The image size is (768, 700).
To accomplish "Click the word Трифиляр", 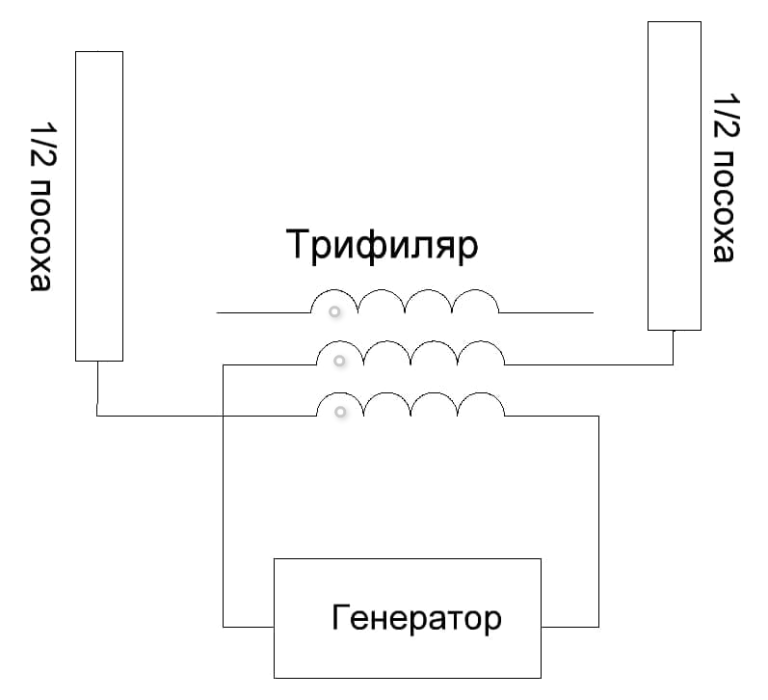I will click(382, 246).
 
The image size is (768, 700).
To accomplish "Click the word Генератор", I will click(416, 616).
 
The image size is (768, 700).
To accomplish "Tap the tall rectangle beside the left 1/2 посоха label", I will click(99, 205).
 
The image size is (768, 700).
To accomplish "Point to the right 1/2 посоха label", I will click(724, 176).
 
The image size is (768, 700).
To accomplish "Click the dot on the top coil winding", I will click(334, 311).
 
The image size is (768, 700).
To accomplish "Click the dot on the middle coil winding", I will click(338, 361).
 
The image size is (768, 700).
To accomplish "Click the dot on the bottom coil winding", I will click(340, 413).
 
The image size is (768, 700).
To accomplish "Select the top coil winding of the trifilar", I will click(405, 301).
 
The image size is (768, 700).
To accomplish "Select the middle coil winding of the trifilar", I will click(410, 354).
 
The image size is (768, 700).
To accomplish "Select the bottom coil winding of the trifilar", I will click(410, 405).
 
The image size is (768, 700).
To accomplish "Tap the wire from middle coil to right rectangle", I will click(588, 364).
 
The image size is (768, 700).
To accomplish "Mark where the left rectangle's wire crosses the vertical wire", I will click(223, 417).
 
